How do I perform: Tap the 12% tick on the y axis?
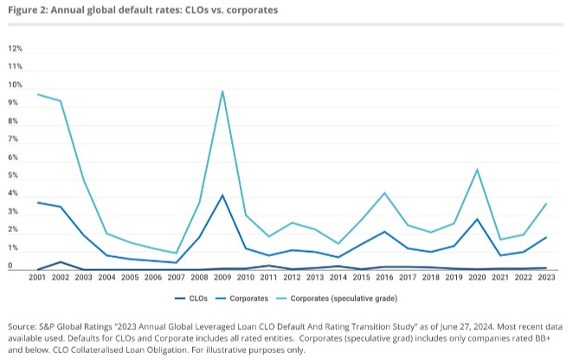click(x=15, y=48)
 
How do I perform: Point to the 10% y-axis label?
click(x=15, y=86)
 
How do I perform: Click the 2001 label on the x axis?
click(x=37, y=278)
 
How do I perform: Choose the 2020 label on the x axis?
click(x=478, y=278)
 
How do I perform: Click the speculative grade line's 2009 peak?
click(x=223, y=91)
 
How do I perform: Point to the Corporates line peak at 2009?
click(x=223, y=195)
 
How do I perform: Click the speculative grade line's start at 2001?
click(x=37, y=94)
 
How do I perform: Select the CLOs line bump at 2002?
click(x=61, y=261)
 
